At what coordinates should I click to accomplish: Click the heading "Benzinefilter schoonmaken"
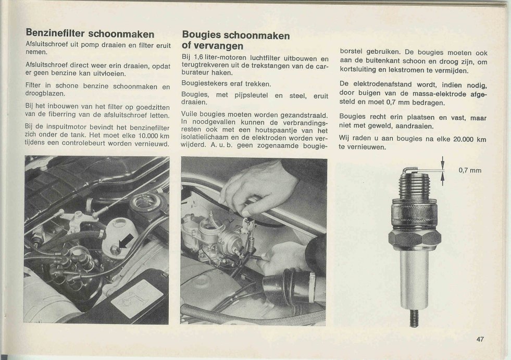90,34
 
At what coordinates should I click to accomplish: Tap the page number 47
480,339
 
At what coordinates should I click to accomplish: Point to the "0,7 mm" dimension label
470,170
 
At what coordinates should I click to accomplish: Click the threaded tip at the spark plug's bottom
414,318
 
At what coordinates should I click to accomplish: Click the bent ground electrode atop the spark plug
410,169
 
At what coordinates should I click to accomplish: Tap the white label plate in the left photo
136,299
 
